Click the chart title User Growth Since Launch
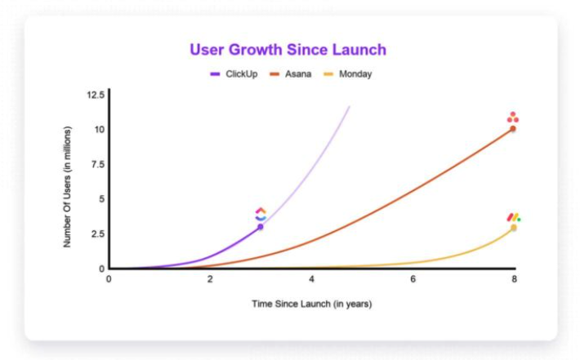click(x=288, y=50)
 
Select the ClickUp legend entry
click(x=234, y=74)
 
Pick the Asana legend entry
click(x=291, y=74)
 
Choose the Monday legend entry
click(x=348, y=74)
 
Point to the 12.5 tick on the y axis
click(x=96, y=95)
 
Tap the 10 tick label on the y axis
click(x=99, y=129)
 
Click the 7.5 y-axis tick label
click(x=98, y=164)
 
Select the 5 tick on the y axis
click(x=102, y=199)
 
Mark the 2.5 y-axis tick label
click(x=98, y=233)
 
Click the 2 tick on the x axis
click(x=210, y=279)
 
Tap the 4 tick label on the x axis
click(x=311, y=279)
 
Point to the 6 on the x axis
click(x=413, y=279)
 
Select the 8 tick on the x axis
click(x=514, y=279)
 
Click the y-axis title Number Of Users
click(x=67, y=187)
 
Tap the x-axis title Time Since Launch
click(x=312, y=304)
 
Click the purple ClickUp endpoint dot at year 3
click(x=261, y=227)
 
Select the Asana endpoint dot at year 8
click(x=513, y=129)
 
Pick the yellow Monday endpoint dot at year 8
click(x=513, y=228)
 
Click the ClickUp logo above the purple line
click(x=261, y=215)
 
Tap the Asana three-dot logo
click(x=513, y=118)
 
